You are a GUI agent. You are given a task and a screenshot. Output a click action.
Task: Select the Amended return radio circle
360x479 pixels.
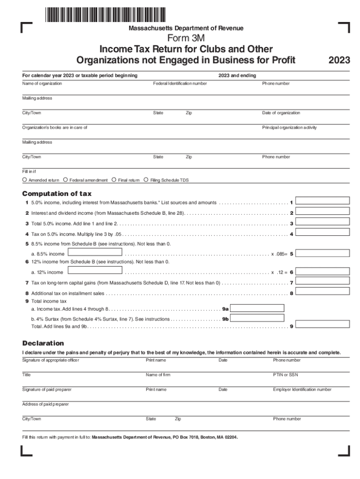[x=25, y=180]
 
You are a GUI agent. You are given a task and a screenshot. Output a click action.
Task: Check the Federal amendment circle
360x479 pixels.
[x=65, y=180]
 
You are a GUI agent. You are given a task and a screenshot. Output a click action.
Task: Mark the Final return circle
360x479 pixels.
[x=114, y=180]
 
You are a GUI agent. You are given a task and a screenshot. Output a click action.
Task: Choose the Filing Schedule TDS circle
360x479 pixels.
[x=146, y=180]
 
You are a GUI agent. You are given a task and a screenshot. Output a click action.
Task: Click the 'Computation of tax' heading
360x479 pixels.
[x=57, y=194]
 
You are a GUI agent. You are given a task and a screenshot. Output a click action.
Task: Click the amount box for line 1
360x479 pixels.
[x=323, y=201]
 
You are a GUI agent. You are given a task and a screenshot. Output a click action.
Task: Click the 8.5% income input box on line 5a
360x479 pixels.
[x=95, y=253]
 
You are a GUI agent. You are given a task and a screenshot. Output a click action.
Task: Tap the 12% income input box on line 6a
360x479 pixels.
[x=95, y=270]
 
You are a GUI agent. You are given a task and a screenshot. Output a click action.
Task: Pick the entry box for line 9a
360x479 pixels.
[x=258, y=308]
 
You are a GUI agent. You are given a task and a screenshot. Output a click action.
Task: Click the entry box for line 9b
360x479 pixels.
[x=258, y=318]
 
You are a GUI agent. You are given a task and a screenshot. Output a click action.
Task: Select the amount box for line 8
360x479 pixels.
[x=323, y=292]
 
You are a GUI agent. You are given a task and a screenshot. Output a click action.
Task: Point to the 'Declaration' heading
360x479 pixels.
[x=43, y=343]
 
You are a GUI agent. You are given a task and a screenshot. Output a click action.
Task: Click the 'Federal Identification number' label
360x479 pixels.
[x=180, y=84]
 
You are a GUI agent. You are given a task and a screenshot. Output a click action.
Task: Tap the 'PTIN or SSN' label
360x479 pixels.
[x=285, y=375]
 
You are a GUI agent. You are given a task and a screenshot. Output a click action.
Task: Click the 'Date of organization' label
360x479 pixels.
[x=281, y=113]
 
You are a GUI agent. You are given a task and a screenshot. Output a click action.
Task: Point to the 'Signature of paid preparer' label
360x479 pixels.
[x=47, y=390]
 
